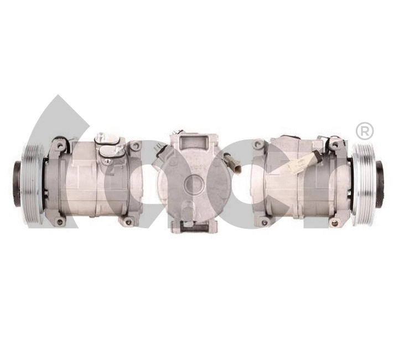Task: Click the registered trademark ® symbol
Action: click(364, 131)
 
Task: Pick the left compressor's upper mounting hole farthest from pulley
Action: click(134, 146)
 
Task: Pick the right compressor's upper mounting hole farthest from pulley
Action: click(257, 145)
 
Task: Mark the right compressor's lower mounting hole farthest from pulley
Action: click(261, 222)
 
